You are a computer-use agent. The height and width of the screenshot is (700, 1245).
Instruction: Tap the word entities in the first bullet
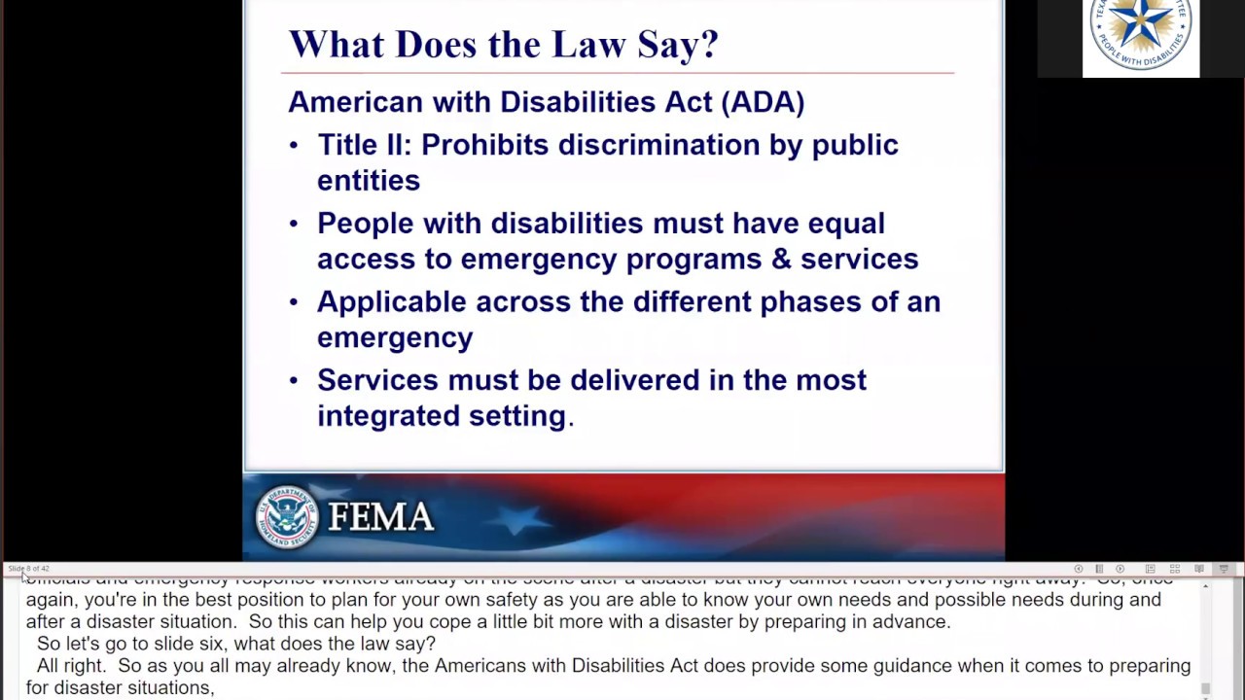pos(369,181)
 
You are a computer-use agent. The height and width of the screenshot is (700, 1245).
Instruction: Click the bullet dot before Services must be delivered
pos(294,381)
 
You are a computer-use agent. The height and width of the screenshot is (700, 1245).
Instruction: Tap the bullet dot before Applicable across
pos(294,302)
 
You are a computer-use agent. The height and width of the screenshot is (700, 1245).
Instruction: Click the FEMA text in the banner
pos(381,517)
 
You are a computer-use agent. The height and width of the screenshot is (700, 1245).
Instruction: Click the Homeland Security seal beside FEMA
pos(287,516)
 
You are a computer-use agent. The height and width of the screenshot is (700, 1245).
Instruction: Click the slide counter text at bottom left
pos(28,569)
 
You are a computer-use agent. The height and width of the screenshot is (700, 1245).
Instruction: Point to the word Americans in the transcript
pos(499,666)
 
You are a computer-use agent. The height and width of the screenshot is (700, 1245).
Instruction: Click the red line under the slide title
pos(618,73)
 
